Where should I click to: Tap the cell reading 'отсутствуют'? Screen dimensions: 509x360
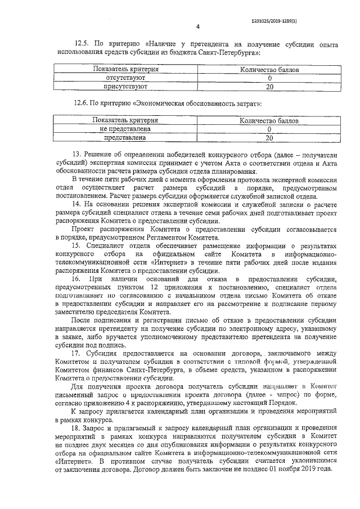(125, 78)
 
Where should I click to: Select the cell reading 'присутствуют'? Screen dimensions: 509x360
(125, 87)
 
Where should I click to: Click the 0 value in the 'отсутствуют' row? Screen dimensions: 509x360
(269, 79)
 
